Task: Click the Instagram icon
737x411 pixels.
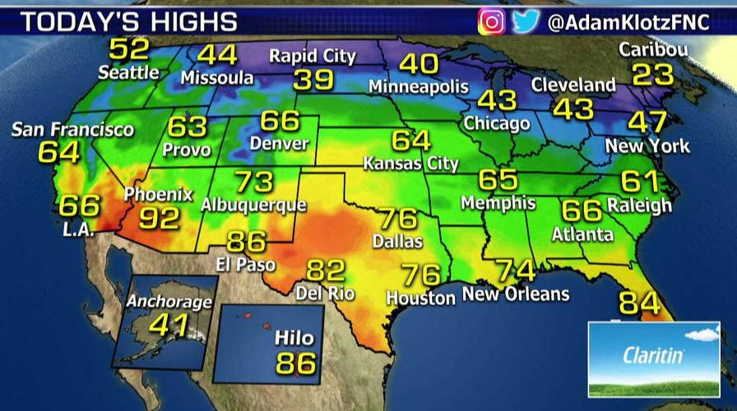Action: coord(492,21)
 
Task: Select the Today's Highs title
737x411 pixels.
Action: coord(129,21)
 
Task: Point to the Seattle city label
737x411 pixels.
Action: coord(128,72)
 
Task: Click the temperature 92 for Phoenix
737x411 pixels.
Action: coord(159,219)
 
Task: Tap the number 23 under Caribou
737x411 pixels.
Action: coord(653,76)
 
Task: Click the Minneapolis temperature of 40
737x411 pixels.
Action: coord(419,64)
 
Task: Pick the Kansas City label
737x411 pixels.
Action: coord(411,164)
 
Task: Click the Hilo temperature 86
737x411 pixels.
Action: coord(296,363)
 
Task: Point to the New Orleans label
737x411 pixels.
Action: coord(516,293)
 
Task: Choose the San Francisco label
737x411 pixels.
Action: coord(72,130)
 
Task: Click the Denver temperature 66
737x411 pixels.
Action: coord(280,121)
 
